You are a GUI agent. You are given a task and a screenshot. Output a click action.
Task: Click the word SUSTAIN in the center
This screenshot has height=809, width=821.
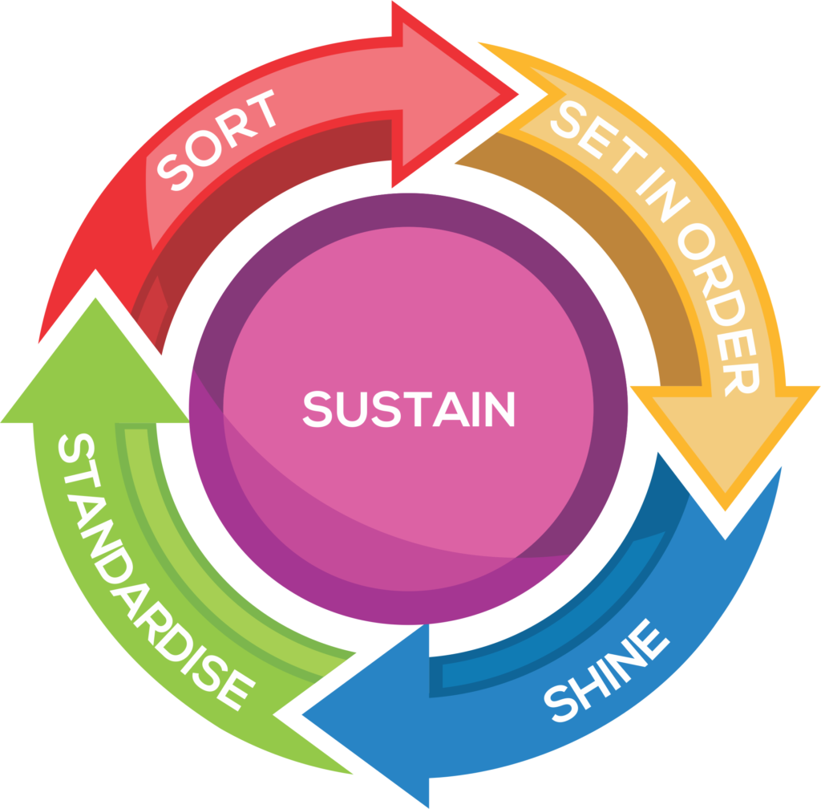coord(409,409)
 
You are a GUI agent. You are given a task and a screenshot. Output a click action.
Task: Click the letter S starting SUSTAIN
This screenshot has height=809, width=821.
coord(317,409)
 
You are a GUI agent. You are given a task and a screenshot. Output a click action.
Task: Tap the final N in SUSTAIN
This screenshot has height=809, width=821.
coord(500,409)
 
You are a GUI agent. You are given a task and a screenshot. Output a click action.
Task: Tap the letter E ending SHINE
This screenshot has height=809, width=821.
coord(650,639)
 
